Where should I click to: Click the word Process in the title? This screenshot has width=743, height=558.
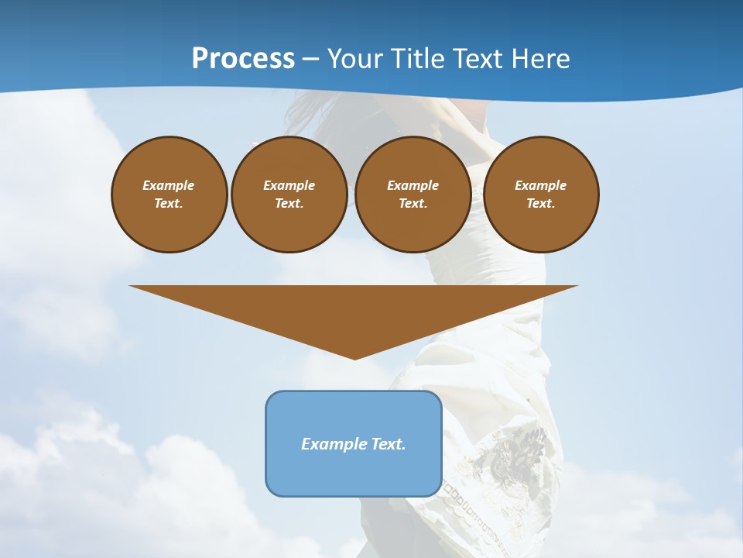tap(243, 59)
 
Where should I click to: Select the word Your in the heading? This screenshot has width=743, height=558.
tap(354, 59)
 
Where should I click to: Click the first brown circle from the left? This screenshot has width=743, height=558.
tap(169, 195)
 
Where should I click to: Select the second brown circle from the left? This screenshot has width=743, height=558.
tap(289, 195)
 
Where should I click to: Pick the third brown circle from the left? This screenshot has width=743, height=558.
tap(413, 195)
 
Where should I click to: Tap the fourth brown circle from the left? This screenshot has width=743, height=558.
tap(541, 195)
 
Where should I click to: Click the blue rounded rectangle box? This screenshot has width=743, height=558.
tap(354, 443)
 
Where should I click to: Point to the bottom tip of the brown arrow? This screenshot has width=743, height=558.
tap(354, 358)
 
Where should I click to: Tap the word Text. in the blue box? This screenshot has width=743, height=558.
tap(388, 444)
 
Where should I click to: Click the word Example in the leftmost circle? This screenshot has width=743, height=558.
tap(169, 185)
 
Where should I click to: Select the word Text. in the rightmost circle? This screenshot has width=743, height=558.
tap(541, 204)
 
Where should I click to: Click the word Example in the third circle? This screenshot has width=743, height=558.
tap(413, 185)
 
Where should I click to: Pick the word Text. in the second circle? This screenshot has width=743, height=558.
tap(289, 204)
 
